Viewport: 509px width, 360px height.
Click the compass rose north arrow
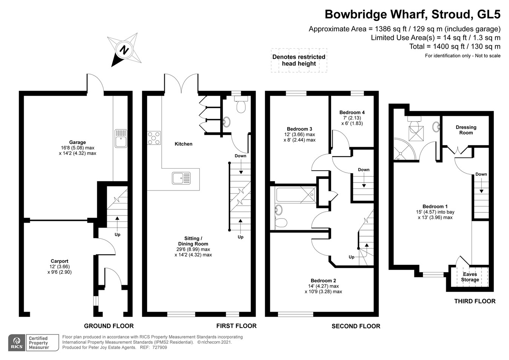click(x=124, y=49)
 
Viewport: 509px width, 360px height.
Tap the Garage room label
click(x=77, y=143)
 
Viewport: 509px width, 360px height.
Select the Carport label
click(x=60, y=261)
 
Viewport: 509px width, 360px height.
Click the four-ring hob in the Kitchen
click(x=154, y=138)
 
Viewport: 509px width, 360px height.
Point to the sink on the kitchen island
click(x=181, y=178)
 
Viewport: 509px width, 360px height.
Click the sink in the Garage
click(x=121, y=138)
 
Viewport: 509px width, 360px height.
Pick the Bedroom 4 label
click(x=352, y=112)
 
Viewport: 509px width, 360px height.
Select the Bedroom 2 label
click(x=323, y=281)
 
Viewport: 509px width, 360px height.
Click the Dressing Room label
click(x=466, y=130)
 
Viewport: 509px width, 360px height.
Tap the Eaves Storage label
click(x=470, y=277)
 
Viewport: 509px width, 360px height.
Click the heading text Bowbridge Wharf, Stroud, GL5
click(x=412, y=14)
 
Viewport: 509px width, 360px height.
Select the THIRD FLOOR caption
click(x=475, y=301)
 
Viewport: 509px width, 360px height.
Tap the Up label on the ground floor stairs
click(x=117, y=235)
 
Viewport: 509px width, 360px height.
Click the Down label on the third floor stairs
click(x=481, y=174)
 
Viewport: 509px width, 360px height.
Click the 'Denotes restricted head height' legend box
click(x=299, y=60)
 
